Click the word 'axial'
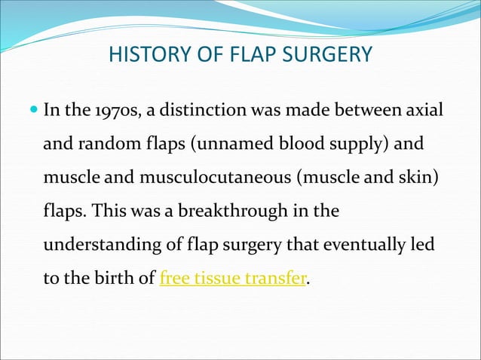click(x=425, y=112)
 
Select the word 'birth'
click(x=118, y=278)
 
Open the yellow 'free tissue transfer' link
click(x=233, y=278)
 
